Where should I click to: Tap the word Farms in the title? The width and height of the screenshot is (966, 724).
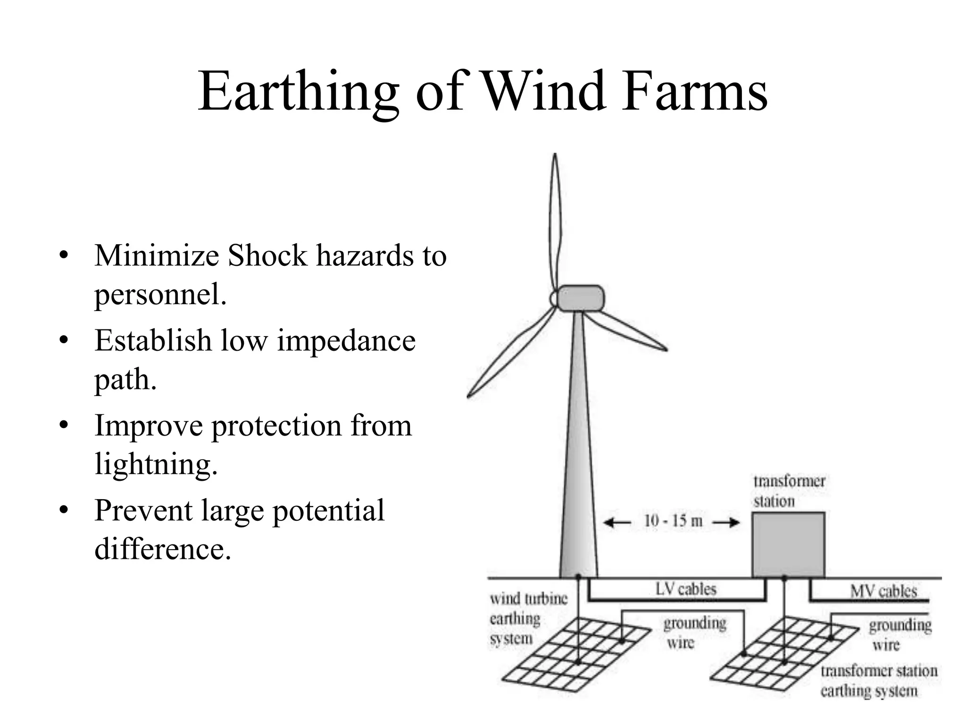(694, 92)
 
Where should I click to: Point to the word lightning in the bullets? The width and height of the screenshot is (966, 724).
(156, 464)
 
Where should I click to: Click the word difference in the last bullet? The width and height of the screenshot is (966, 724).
(163, 549)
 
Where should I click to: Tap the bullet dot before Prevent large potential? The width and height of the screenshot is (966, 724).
(64, 510)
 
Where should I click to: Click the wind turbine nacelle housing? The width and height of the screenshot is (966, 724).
(580, 298)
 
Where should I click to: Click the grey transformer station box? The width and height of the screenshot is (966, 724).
(788, 544)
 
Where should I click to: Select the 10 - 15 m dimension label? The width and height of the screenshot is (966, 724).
(673, 521)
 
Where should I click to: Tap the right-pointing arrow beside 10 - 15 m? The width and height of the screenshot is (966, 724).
(726, 522)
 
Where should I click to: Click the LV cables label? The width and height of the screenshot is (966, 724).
(686, 589)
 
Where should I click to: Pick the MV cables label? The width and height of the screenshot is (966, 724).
(883, 591)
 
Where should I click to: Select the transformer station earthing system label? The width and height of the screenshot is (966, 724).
(878, 681)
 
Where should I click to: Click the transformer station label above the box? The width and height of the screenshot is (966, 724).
(789, 491)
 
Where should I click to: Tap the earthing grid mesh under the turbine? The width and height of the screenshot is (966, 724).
(578, 655)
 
